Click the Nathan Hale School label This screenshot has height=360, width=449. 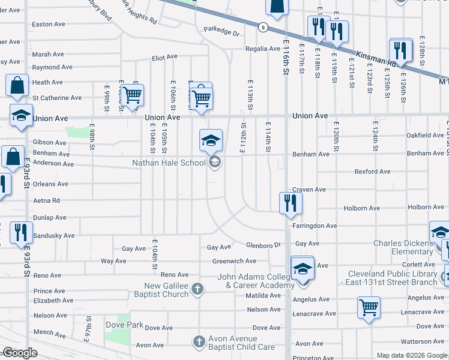(x=169, y=162)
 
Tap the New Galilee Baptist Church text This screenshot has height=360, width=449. (x=167, y=290)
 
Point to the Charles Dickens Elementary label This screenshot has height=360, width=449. (x=403, y=247)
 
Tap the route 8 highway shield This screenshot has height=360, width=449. (x=264, y=27)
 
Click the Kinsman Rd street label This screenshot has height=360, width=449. (x=376, y=58)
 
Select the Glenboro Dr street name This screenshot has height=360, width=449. (x=264, y=245)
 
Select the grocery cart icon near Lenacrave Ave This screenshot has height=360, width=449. (x=369, y=307)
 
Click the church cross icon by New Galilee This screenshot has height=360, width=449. (x=197, y=290)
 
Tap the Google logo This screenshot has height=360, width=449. (x=19, y=353)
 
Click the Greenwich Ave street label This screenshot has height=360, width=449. (x=234, y=261)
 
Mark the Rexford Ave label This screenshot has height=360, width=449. (x=372, y=172)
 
